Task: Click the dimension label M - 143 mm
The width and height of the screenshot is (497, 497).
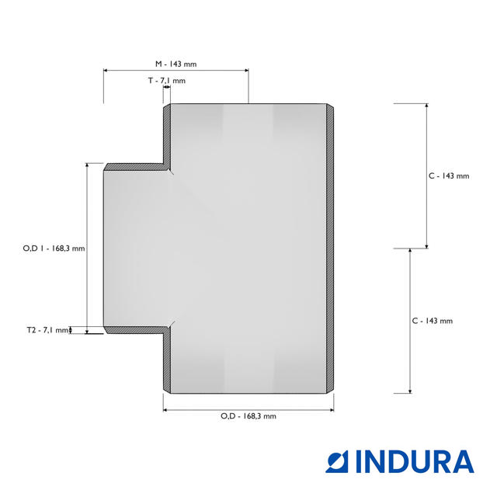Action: [176, 64]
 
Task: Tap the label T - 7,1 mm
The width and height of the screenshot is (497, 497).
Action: [167, 81]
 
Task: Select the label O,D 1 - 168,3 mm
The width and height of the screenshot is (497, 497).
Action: [54, 248]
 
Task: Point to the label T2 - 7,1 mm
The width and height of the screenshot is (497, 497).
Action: [47, 330]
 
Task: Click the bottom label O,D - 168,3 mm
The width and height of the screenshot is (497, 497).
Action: [248, 416]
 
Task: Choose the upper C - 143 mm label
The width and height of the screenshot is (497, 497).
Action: [449, 176]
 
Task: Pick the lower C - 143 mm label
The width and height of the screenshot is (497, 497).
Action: [433, 321]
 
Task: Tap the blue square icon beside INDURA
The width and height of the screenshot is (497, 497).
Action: [337, 461]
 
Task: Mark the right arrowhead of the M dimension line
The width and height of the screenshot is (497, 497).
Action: [246, 71]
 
